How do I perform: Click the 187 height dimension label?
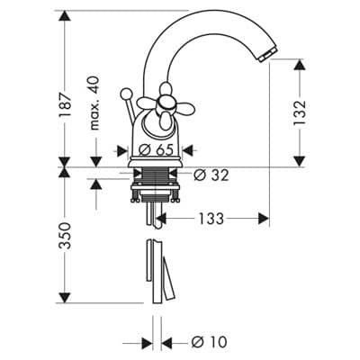tap(67, 104)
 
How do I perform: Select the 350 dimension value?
tap(65, 236)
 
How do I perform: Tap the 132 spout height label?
tap(300, 112)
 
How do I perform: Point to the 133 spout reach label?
tap(211, 219)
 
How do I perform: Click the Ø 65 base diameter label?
tap(157, 149)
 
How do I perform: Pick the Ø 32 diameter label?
tap(211, 175)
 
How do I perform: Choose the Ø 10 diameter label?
tap(209, 342)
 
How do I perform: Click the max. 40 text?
tap(94, 103)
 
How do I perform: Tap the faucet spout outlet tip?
tap(267, 56)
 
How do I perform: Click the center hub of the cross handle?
tap(165, 103)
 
